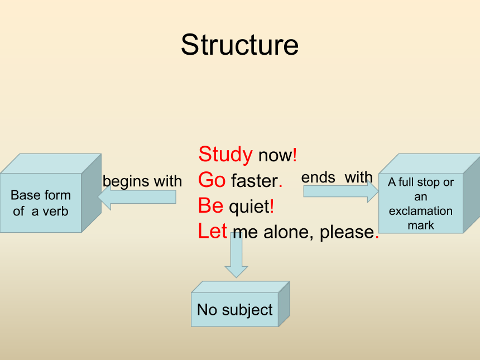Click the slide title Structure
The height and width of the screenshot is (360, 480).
pyautogui.click(x=239, y=45)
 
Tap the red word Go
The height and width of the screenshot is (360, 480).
pyautogui.click(x=212, y=180)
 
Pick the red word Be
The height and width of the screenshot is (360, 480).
pyautogui.click(x=210, y=205)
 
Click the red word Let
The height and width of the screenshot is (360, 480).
pyautogui.click(x=213, y=231)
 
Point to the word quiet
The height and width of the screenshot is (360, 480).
pyautogui.click(x=249, y=207)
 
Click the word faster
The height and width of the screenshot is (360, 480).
pyautogui.click(x=255, y=181)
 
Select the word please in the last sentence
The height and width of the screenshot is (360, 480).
pyautogui.click(x=347, y=233)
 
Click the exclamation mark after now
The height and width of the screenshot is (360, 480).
pyautogui.click(x=295, y=155)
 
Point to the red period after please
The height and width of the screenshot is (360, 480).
pyautogui.click(x=377, y=237)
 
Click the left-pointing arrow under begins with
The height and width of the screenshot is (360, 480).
pyautogui.click(x=137, y=197)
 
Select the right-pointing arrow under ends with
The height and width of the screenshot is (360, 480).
pyautogui.click(x=341, y=191)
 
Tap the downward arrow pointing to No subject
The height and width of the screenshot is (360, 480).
pyautogui.click(x=236, y=255)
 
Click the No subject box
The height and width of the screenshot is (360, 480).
pyautogui.click(x=241, y=304)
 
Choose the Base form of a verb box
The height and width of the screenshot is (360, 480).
pyautogui.click(x=50, y=193)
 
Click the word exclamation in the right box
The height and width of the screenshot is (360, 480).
pyautogui.click(x=421, y=211)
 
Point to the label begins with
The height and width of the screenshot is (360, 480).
pyautogui.click(x=142, y=181)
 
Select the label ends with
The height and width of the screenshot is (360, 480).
pyautogui.click(x=337, y=177)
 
